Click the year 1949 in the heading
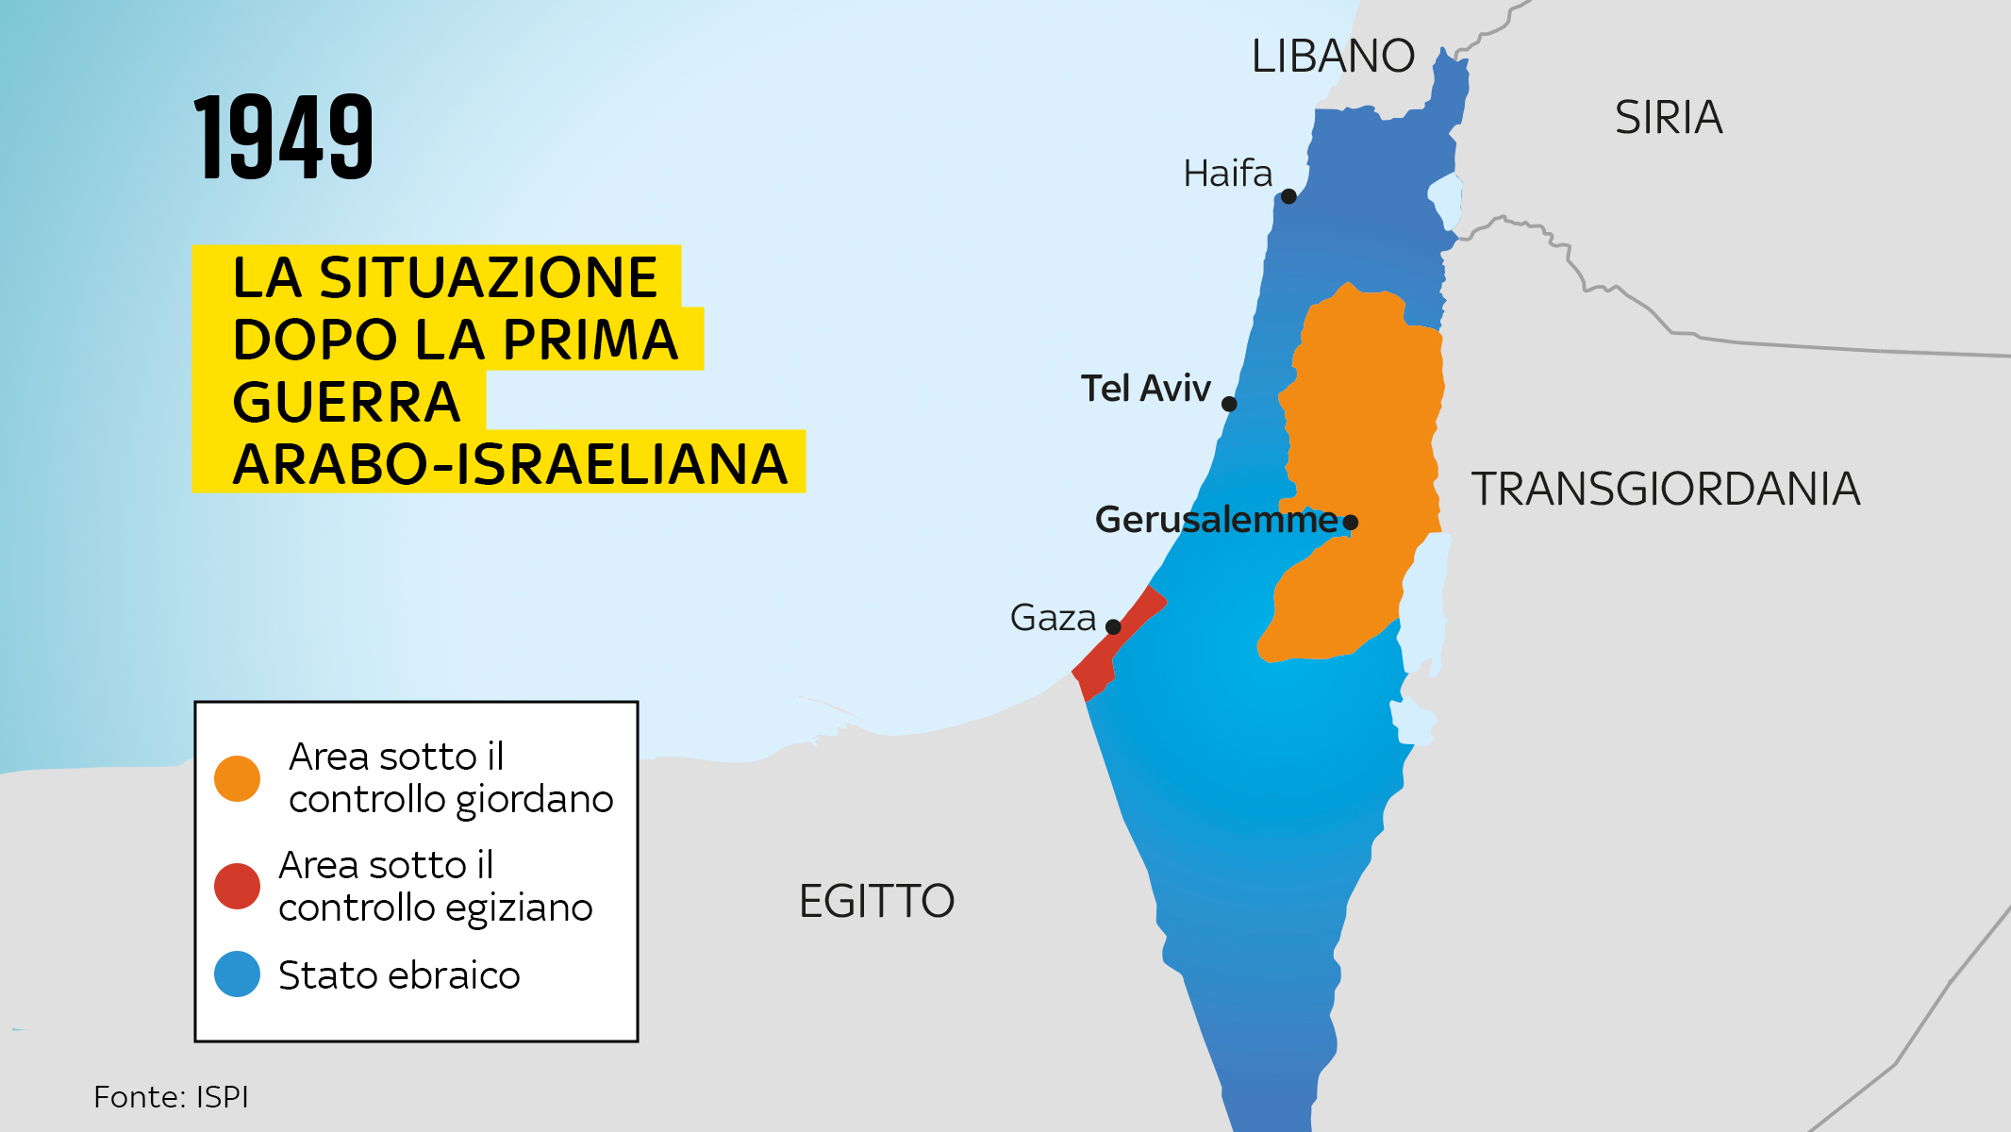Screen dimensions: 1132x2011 pyautogui.click(x=284, y=138)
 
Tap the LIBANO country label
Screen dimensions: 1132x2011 pyautogui.click(x=1332, y=57)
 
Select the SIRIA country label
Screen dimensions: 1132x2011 pyautogui.click(x=1668, y=118)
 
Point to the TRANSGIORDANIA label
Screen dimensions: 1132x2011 pyautogui.click(x=1665, y=490)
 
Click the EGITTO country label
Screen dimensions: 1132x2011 pyautogui.click(x=876, y=902)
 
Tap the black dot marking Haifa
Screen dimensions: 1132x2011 pyautogui.click(x=1288, y=196)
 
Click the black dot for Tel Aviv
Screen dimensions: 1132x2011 pyautogui.click(x=1229, y=404)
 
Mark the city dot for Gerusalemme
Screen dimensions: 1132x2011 pyautogui.click(x=1351, y=522)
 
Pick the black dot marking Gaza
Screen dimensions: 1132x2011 pyautogui.click(x=1113, y=626)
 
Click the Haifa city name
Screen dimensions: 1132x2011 pyautogui.click(x=1227, y=174)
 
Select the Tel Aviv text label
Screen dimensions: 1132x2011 pyautogui.click(x=1145, y=389)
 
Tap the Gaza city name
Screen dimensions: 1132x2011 pyautogui.click(x=1053, y=618)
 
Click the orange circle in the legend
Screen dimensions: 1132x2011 pyautogui.click(x=237, y=778)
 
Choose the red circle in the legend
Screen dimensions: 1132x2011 pyautogui.click(x=237, y=886)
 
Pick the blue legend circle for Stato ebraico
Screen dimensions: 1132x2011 pyautogui.click(x=237, y=974)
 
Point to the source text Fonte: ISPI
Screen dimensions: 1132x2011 pyautogui.click(x=171, y=1097)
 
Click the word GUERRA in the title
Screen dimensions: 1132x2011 pyautogui.click(x=346, y=403)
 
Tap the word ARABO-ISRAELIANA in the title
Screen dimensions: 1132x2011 pyautogui.click(x=509, y=464)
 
